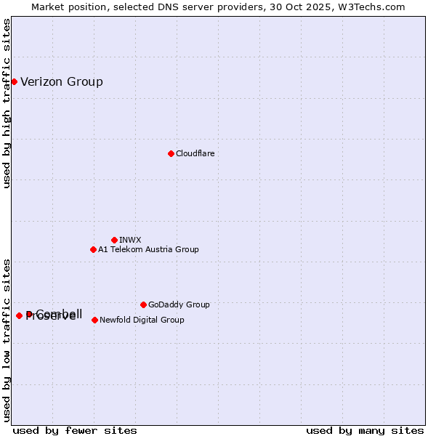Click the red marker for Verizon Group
click(14, 81)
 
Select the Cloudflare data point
click(171, 153)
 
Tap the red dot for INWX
click(114, 240)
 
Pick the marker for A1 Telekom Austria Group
click(93, 249)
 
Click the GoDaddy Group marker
click(143, 304)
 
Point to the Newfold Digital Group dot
click(94, 320)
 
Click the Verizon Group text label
click(62, 81)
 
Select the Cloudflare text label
click(195, 153)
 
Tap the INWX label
click(130, 240)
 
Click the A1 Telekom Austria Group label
click(148, 249)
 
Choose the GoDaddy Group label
click(179, 304)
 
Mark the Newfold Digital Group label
click(142, 320)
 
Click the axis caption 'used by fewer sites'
click(75, 430)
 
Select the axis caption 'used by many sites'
click(365, 430)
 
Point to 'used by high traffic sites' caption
click(7, 103)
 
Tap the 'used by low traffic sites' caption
click(7, 339)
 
